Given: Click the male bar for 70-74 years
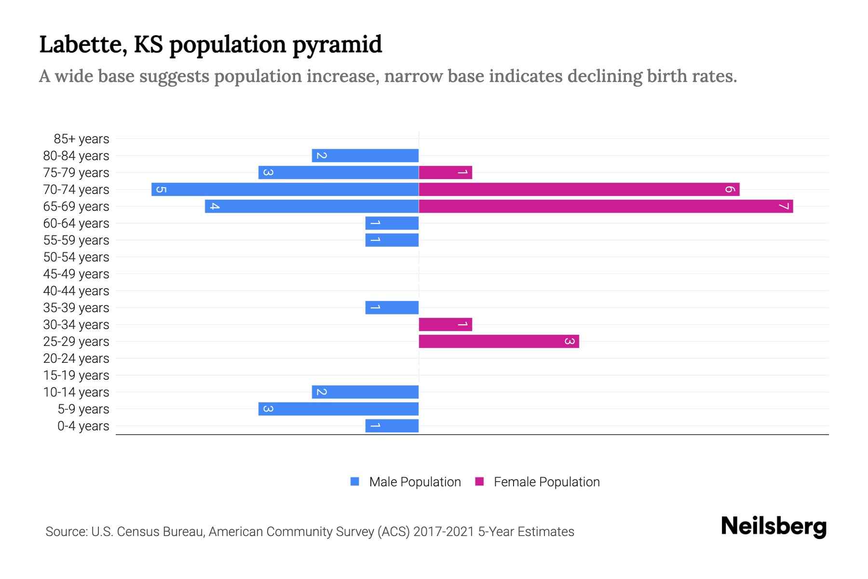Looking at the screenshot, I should coord(285,189).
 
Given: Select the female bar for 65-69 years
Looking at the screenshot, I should coord(606,206).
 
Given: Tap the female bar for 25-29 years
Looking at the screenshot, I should coord(499,341).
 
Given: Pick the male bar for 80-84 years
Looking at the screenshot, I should coord(365,155).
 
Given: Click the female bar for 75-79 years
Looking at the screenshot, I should coord(445,172).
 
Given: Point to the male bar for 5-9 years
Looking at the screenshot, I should coord(339,409).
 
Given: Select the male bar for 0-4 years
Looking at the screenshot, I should coord(392,426).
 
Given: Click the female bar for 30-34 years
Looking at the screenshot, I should coord(445,324).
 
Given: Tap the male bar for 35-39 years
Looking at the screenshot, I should coord(392,307).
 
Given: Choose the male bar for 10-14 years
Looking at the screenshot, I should coord(365,392).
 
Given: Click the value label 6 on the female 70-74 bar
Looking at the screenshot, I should coord(730,189).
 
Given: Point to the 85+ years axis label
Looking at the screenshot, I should coord(81,139).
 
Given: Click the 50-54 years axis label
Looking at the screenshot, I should coord(76,257).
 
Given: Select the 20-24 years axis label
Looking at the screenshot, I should coord(76,358).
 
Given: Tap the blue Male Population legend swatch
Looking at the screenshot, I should coord(355,482).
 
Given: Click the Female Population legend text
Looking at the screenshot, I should coord(546,482).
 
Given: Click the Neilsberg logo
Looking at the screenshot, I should coord(773,526).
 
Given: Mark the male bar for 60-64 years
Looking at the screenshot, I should coord(392,223).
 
